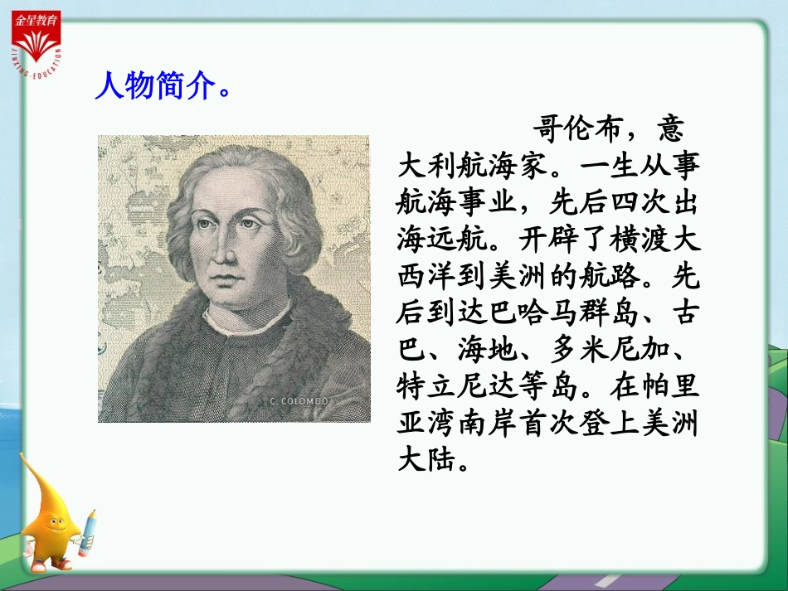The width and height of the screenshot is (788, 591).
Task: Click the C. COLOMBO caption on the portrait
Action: point(301,401)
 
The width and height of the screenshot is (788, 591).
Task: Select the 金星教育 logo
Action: point(36,37)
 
